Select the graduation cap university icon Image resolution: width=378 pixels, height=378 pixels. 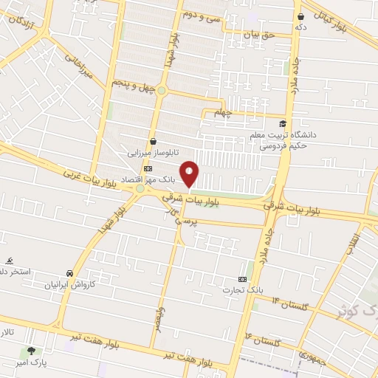click(283, 123)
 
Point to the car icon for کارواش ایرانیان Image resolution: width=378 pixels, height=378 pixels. click(69, 272)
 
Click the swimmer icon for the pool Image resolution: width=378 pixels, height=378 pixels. click(10, 261)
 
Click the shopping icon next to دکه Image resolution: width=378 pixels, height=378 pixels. click(301, 16)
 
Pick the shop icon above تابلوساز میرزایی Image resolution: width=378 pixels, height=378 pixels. click(153, 141)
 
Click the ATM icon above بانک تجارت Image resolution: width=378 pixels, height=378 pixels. click(234, 279)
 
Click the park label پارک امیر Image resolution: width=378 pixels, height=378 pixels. click(31, 364)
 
